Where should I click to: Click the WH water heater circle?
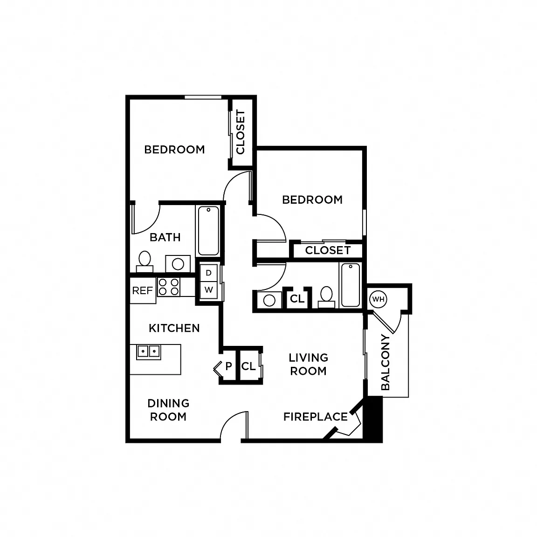378,299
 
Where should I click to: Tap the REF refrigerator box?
143,290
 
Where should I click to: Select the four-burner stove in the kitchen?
169,287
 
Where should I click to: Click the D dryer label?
208,273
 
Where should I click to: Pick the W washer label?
208,290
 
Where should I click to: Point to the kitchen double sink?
149,352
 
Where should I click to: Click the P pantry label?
228,366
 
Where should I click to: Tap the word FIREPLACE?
316,417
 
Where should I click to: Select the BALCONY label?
386,362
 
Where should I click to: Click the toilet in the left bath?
145,262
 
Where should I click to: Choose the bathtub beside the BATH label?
208,231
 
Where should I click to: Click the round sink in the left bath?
178,264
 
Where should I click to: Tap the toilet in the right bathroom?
326,297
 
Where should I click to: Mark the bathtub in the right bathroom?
351,285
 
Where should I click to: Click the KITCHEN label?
174,328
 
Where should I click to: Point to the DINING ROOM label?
168,410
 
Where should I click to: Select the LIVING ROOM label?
308,365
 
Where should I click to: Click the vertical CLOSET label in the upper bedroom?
241,132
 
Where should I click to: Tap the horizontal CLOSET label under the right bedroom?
328,250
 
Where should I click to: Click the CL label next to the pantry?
248,366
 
